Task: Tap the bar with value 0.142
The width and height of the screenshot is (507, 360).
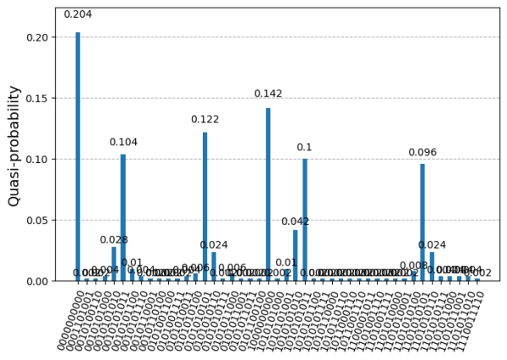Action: (268, 194)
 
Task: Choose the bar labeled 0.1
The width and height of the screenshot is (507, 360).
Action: (304, 220)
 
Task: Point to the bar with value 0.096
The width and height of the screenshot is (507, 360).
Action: (422, 222)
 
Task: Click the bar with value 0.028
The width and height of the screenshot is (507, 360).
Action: (114, 264)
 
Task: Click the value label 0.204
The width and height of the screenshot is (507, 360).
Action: (78, 14)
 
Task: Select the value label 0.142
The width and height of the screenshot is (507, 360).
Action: (268, 94)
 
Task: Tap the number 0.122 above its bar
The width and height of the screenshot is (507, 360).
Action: (204, 119)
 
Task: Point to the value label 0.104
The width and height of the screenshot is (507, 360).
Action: (123, 142)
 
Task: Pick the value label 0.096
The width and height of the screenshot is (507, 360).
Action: (422, 153)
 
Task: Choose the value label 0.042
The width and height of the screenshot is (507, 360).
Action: (296, 221)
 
